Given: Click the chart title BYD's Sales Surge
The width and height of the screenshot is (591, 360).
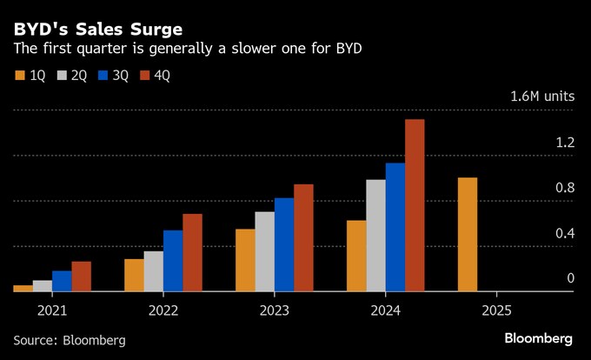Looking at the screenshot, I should (x=97, y=29).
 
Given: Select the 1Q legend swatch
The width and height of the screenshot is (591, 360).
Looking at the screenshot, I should (x=20, y=76).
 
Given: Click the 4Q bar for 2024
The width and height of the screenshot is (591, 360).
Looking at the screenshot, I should (x=415, y=205).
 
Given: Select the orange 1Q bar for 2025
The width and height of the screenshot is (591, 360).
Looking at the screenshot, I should (x=468, y=235).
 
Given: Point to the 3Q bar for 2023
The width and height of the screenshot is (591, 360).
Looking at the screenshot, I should (x=284, y=244).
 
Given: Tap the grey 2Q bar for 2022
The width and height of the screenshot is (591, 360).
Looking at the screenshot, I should (x=153, y=271).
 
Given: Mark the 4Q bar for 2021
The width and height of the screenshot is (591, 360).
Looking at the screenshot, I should (x=81, y=277).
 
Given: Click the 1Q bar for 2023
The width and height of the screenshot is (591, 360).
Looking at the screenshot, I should (x=245, y=260).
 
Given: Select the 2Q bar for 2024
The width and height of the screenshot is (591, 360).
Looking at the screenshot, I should (x=375, y=236).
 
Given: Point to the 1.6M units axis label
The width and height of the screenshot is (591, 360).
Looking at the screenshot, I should (x=542, y=97).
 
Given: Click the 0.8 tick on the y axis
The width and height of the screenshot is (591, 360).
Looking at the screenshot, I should (x=565, y=188).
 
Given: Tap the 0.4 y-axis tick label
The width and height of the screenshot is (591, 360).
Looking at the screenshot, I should (x=565, y=233).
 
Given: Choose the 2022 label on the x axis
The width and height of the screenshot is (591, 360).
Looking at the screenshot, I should (x=163, y=310).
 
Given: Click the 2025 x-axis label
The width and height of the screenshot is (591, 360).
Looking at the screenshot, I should (x=496, y=310).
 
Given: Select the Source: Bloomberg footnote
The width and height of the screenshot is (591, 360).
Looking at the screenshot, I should (x=70, y=340).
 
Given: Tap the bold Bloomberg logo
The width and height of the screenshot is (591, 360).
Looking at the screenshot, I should (x=538, y=337).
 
